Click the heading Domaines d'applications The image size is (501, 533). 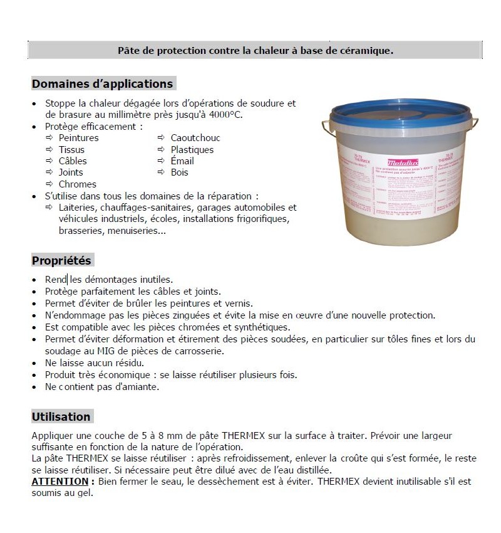click(x=102, y=83)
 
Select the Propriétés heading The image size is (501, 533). click(x=61, y=260)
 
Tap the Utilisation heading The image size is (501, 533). click(x=61, y=416)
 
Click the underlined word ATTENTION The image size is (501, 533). click(x=59, y=481)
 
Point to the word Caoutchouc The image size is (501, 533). click(x=195, y=138)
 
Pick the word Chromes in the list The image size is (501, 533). click(x=78, y=184)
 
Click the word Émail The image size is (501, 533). click(x=182, y=161)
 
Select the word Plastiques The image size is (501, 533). click(x=192, y=150)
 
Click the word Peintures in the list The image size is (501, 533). click(x=78, y=138)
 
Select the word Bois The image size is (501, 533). click(x=179, y=172)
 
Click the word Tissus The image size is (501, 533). click(x=71, y=150)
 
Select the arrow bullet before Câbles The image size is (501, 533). click(x=49, y=161)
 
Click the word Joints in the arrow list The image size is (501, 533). click(x=71, y=172)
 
